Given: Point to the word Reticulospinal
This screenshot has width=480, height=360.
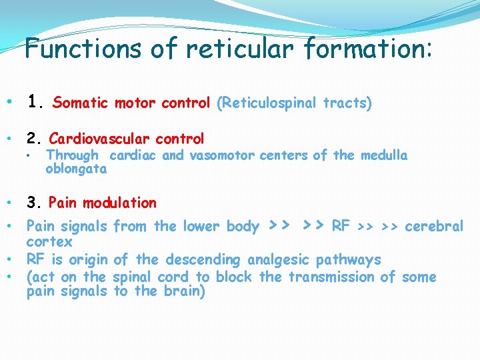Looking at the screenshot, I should pyautogui.click(x=270, y=103).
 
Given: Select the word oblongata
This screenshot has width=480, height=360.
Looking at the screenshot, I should pyautogui.click(x=75, y=169).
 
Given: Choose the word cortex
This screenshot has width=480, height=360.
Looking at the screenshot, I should pyautogui.click(x=49, y=242).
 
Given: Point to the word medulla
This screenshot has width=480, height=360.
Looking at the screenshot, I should pyautogui.click(x=383, y=155).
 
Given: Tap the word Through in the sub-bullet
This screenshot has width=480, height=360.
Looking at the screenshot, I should pyautogui.click(x=72, y=155).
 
